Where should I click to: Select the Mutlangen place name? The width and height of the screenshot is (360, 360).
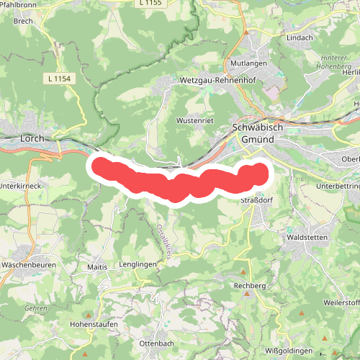click(x=249, y=64)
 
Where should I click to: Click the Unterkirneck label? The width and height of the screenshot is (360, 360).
click(x=22, y=185)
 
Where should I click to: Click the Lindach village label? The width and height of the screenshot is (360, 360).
click(x=299, y=36)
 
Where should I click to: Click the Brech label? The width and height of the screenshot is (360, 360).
click(x=24, y=21)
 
